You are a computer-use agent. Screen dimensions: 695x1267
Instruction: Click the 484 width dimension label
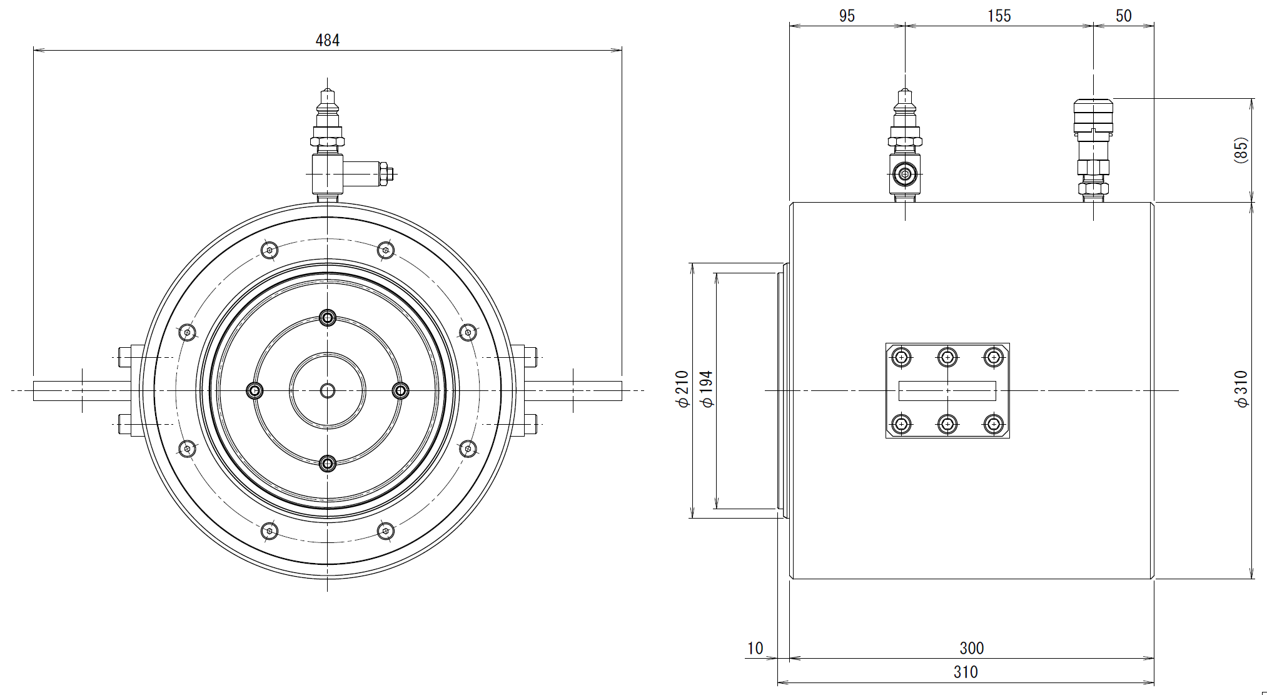point(327,41)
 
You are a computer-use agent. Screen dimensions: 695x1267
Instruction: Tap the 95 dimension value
point(847,16)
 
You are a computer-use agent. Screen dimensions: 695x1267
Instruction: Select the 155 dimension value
point(999,16)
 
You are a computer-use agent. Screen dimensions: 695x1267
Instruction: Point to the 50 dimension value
point(1123,16)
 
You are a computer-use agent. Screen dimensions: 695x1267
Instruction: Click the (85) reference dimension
point(1241,150)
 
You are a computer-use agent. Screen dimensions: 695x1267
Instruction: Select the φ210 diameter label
point(682,390)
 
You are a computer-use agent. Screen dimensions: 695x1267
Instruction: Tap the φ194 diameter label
point(707,390)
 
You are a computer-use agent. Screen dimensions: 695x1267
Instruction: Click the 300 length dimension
point(971,648)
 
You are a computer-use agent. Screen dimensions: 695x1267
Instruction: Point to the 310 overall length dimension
point(966,672)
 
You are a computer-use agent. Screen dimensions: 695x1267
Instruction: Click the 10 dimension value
point(755,649)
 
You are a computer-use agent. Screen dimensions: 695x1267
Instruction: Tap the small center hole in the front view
point(327,391)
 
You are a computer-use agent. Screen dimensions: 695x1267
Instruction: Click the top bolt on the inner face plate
point(327,318)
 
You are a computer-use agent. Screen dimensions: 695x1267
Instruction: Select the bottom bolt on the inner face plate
point(327,464)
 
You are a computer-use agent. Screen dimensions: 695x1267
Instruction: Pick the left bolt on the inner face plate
point(255,391)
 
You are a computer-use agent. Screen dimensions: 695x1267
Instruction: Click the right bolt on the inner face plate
point(400,391)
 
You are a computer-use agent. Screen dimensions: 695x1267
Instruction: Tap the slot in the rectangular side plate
point(947,390)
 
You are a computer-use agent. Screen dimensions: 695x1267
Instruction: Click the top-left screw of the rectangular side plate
point(901,357)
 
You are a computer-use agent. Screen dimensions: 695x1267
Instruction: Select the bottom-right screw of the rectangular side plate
point(993,424)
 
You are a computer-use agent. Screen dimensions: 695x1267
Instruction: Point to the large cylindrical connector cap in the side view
point(1093,116)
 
